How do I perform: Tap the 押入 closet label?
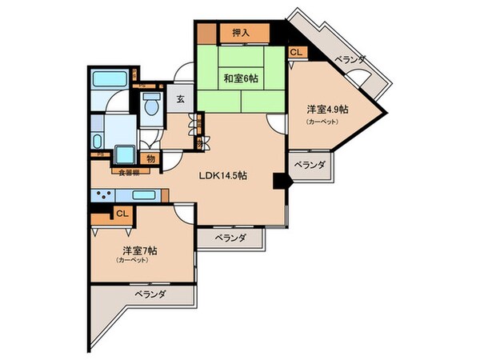click(242, 33)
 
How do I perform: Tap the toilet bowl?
click(150, 104)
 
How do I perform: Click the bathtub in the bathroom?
click(107, 80)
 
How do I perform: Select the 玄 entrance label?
click(181, 99)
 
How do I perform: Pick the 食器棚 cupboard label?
click(130, 171)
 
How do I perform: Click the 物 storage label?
click(150, 159)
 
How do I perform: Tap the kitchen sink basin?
click(144, 195)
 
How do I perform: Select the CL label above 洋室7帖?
click(122, 214)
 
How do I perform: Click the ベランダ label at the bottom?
click(149, 295)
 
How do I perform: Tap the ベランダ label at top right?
click(350, 59)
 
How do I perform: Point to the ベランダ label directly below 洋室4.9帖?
click(310, 164)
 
